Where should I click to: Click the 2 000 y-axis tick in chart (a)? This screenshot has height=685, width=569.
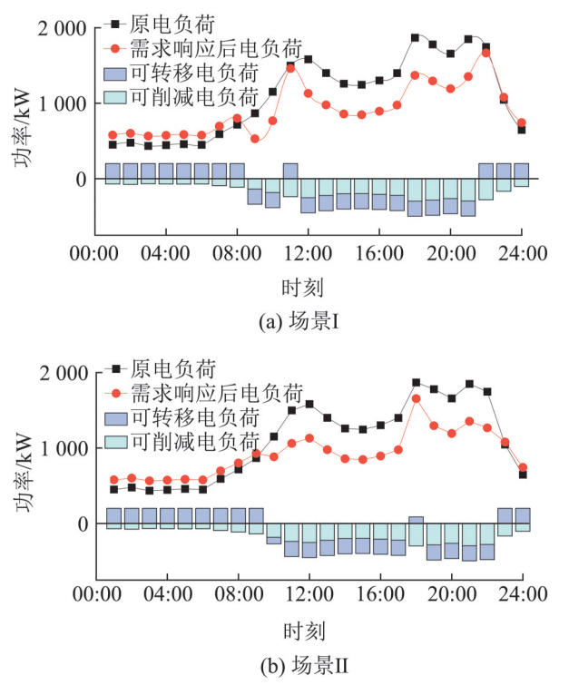[62, 29]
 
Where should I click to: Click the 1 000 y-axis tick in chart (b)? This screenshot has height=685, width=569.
[62, 448]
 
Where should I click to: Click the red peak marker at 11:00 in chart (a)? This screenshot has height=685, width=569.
[290, 67]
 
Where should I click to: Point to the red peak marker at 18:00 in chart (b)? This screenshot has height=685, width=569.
[416, 398]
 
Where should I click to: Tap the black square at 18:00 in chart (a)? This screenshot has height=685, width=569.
[416, 38]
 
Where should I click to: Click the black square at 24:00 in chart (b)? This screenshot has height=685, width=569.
[522, 475]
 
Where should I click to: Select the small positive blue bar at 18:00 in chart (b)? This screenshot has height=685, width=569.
[416, 520]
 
